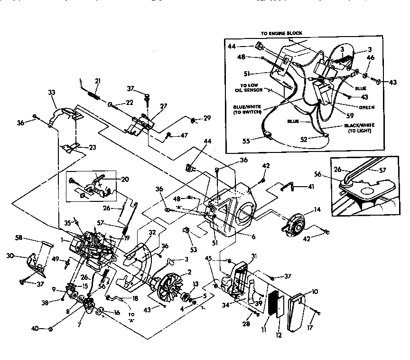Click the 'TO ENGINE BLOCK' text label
click(281, 33)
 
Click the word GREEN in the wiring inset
click(366, 107)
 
